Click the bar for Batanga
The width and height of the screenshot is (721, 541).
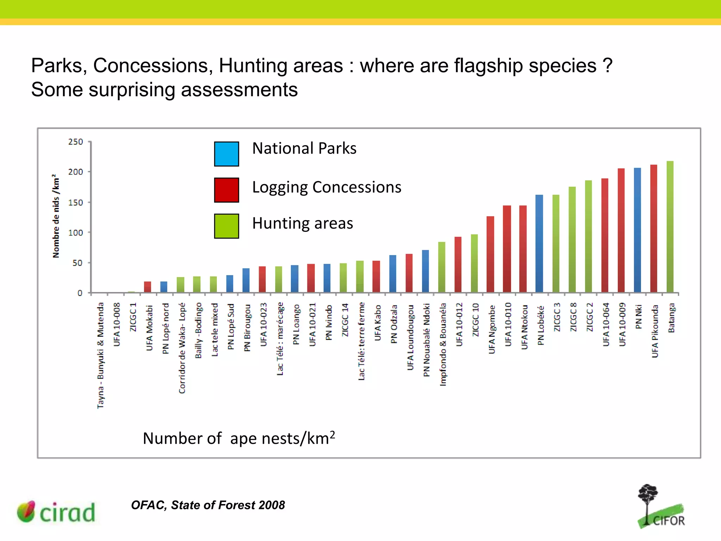(x=670, y=227)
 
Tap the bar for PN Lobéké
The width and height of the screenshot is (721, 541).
(x=539, y=243)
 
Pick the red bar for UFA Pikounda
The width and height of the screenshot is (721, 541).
(x=654, y=229)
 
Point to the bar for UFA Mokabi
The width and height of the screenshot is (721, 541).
(x=148, y=287)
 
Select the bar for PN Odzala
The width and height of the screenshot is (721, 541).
(x=393, y=274)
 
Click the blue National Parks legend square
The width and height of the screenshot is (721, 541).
(x=226, y=154)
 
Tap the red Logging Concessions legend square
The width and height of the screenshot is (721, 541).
(x=226, y=190)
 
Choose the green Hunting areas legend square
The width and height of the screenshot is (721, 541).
(x=226, y=226)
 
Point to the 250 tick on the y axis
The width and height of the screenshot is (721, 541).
(x=76, y=142)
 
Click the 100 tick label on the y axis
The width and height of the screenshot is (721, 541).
(x=76, y=233)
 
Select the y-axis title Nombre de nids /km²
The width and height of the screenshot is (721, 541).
(x=56, y=216)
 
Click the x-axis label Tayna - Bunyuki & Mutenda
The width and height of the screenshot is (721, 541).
(x=101, y=355)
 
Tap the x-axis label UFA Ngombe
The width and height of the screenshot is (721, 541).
(x=492, y=329)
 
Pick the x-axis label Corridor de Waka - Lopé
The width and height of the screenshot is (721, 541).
(x=182, y=348)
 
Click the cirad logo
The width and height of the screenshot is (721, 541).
(x=56, y=512)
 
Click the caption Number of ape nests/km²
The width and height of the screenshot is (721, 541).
(x=239, y=439)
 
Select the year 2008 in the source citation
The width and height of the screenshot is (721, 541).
(x=270, y=505)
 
